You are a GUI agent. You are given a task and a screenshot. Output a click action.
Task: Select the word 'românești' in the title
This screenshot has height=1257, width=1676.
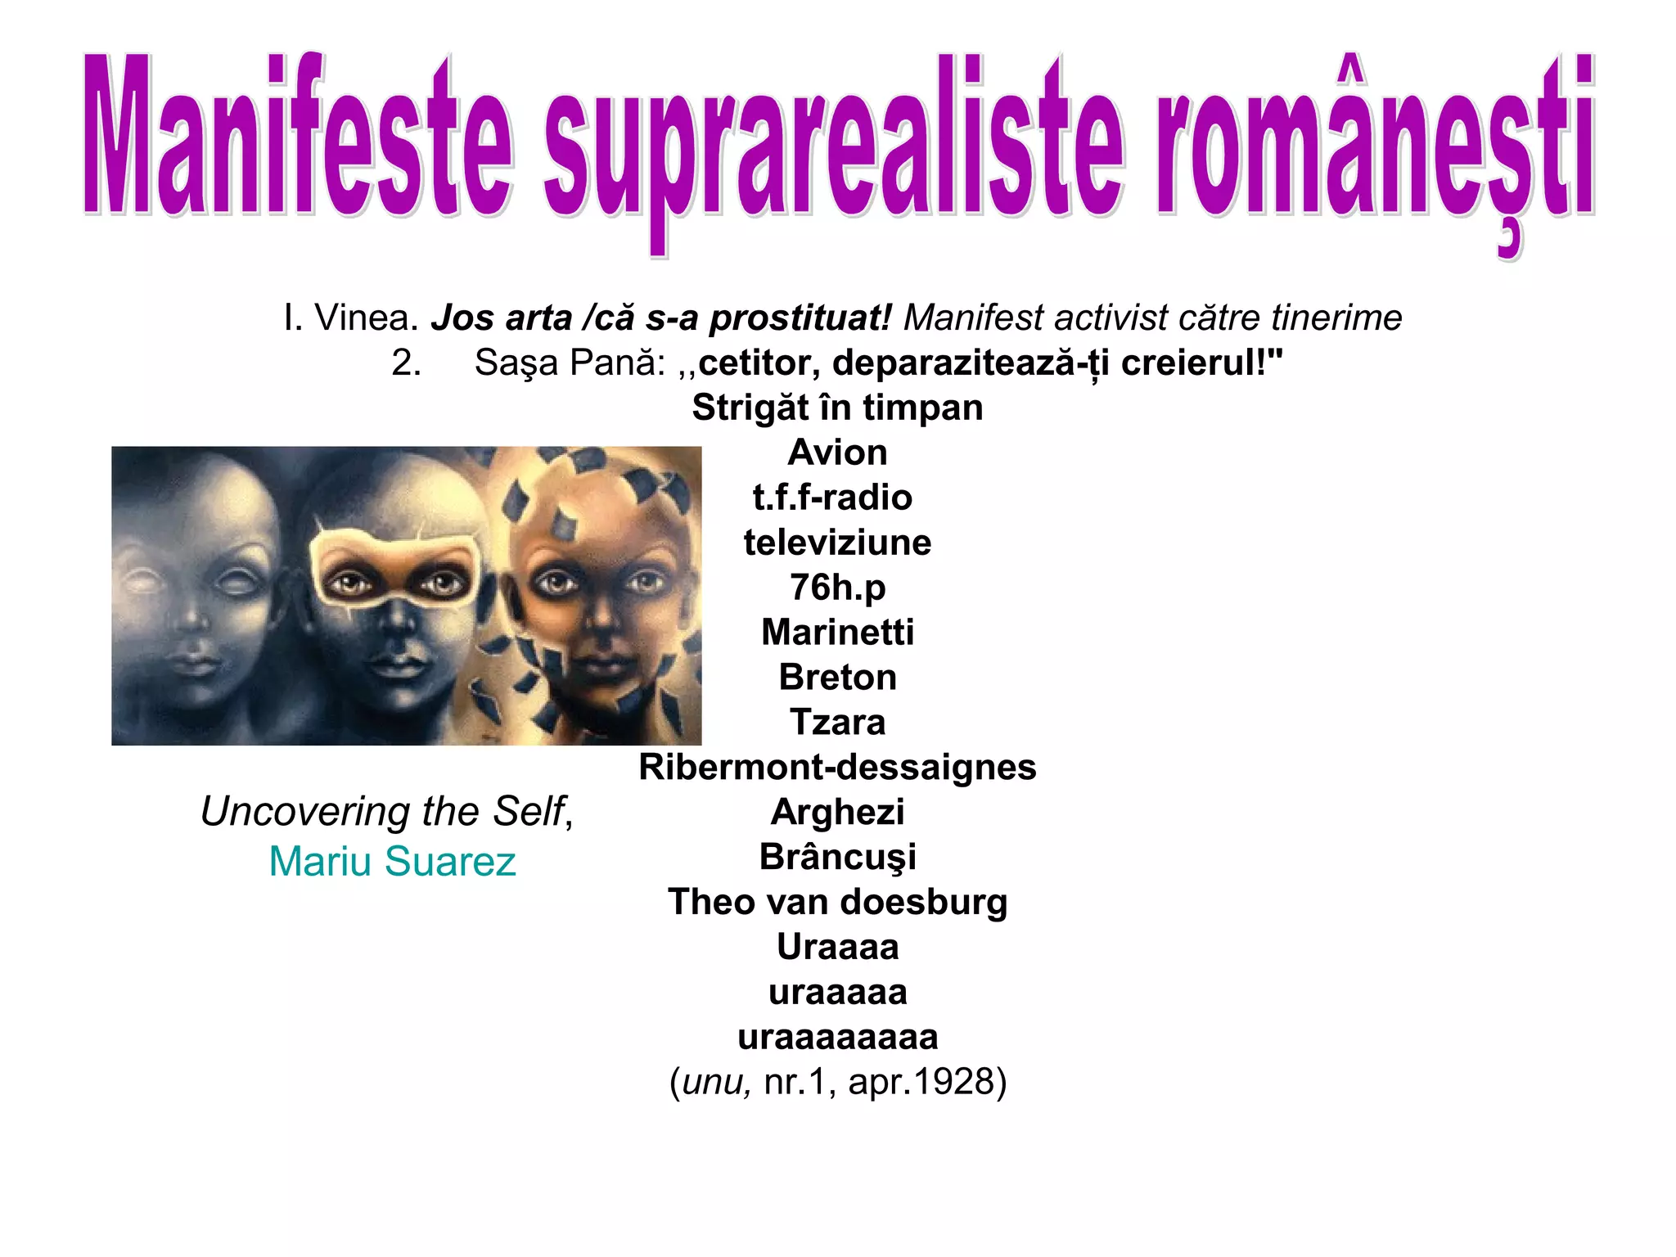coord(1375,143)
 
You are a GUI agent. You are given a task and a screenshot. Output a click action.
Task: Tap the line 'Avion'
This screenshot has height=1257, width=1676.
coord(837,453)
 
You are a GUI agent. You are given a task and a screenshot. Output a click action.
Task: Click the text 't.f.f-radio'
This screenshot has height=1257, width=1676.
coord(832,498)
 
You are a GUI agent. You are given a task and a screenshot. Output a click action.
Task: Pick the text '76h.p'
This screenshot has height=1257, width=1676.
coord(837,588)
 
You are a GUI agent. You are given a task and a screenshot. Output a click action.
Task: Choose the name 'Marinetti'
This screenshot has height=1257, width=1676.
coord(837,633)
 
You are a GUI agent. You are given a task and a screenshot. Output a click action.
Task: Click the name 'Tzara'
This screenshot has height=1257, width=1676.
coord(837,723)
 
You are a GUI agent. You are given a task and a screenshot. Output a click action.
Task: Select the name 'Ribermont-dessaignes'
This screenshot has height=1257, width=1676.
coord(837,768)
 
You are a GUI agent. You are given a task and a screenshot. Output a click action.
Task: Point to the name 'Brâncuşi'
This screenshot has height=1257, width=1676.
coord(837,858)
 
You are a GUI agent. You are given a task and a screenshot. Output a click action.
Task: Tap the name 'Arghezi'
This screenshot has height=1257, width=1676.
coord(837,813)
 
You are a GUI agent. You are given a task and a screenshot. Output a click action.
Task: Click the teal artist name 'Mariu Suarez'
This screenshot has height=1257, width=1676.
coord(393,862)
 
